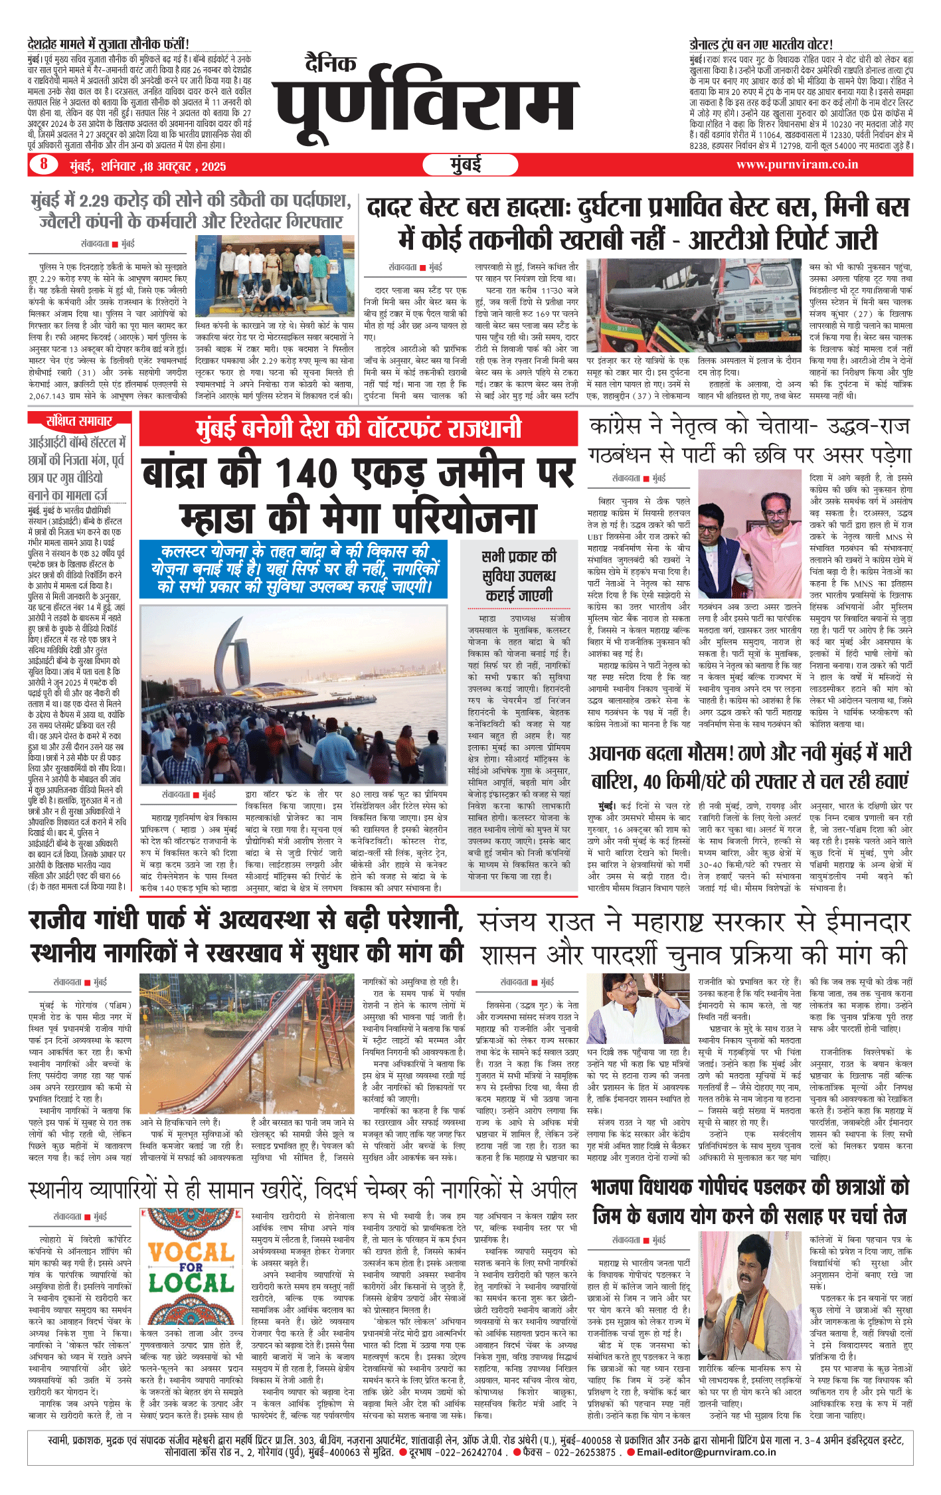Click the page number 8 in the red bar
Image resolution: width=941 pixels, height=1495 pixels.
[x=44, y=164]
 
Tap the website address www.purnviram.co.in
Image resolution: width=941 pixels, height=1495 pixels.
[x=797, y=165]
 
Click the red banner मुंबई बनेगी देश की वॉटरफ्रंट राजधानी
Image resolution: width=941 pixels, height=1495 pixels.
[x=359, y=428]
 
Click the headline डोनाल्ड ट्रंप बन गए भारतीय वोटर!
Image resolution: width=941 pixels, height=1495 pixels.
[x=760, y=44]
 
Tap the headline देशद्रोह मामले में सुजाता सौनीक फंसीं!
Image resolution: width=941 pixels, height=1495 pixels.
[x=108, y=44]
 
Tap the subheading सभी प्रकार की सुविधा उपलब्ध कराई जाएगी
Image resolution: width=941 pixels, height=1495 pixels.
[x=519, y=576]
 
